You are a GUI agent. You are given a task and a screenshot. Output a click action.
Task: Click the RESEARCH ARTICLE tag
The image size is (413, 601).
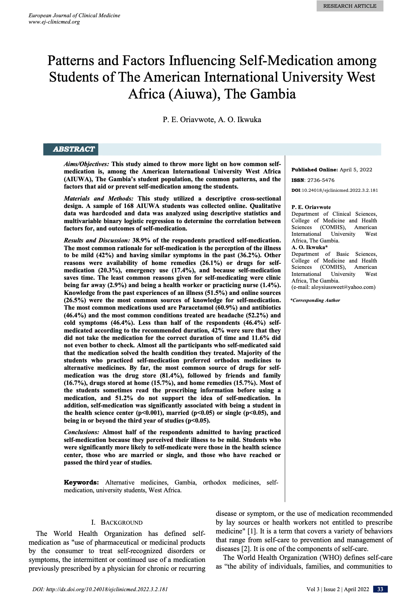coord(350,6)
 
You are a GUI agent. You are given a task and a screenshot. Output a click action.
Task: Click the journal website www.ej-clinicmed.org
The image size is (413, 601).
coord(54,22)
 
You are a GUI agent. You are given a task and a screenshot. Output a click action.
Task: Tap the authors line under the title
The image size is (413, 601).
coord(212,120)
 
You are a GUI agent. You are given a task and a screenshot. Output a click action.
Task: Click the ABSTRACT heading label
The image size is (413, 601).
coord(74,149)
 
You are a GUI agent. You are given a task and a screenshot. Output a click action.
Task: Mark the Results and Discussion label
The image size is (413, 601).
coord(97,240)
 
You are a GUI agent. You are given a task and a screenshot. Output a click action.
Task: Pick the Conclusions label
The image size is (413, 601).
coord(82,432)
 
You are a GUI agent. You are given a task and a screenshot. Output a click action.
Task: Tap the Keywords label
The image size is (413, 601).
coord(81,482)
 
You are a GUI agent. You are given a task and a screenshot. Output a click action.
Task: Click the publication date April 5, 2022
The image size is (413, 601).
coord(356,170)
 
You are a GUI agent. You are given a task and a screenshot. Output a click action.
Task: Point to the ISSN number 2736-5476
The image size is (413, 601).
coord(321,180)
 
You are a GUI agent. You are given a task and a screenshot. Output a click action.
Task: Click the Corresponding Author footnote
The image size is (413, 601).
coord(316,300)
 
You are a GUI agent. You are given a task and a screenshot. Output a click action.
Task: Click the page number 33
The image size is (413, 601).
coord(380,589)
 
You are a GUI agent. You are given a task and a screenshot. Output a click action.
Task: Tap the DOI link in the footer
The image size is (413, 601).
coord(100,589)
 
